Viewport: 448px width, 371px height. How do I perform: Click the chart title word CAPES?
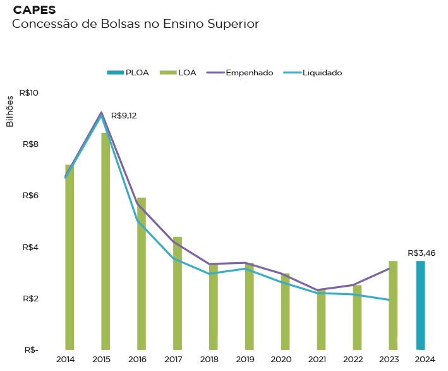point(34,11)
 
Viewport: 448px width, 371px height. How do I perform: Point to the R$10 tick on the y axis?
point(29,93)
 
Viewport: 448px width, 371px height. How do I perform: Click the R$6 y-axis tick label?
point(31,196)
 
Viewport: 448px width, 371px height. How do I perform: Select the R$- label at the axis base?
point(31,349)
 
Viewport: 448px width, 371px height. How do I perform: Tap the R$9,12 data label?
point(124,116)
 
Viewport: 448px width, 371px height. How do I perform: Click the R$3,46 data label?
point(422,253)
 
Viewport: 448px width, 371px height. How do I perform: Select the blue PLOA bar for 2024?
point(420,305)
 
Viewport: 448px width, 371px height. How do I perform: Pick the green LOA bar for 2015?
point(105,241)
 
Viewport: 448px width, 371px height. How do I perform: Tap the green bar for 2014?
point(70,257)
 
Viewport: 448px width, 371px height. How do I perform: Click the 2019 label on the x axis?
point(245,360)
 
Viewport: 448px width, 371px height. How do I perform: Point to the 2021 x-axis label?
point(318,360)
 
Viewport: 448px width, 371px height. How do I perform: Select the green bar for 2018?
point(214,307)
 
